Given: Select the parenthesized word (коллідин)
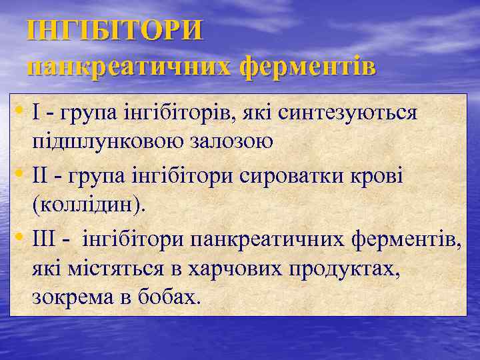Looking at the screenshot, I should tap(87, 207).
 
